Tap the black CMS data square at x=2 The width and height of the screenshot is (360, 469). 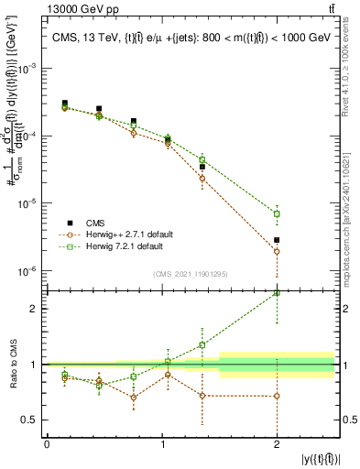[277, 240]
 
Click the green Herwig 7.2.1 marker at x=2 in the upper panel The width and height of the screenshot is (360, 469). [277, 213]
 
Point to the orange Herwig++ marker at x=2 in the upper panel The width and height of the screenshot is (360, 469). [277, 251]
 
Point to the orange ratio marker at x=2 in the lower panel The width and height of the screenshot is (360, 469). [277, 396]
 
